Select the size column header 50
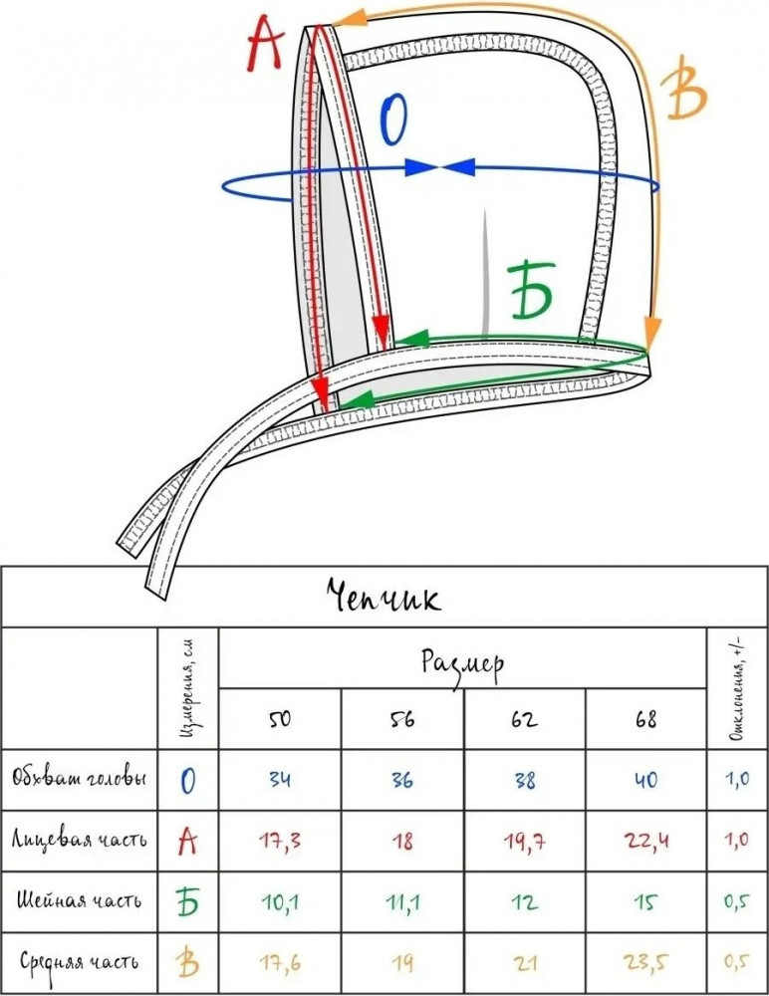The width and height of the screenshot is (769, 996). [280, 719]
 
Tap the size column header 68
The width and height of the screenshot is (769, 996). [645, 719]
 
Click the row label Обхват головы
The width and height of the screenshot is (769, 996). [80, 778]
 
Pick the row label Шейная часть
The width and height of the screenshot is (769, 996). [80, 899]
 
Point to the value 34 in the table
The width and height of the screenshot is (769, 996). [280, 779]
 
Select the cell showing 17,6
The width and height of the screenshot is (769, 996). [280, 961]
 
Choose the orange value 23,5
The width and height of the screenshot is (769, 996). [645, 961]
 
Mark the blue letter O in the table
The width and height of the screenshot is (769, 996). [188, 780]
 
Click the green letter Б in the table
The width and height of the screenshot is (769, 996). [188, 901]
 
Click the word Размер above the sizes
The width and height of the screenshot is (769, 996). [462, 660]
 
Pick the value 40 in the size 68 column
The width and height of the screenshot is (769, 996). [645, 779]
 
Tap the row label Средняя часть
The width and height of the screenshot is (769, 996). [80, 961]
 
